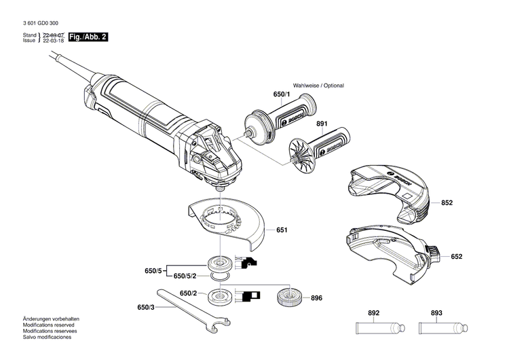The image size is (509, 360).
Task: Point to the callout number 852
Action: (447, 202)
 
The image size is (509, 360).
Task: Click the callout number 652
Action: (456, 256)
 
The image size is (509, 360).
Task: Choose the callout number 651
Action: (281, 230)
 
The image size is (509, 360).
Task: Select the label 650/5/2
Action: (185, 276)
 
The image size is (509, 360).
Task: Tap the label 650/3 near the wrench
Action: (146, 307)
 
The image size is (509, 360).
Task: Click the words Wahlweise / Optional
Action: (318, 86)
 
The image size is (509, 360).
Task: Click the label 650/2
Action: (189, 293)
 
